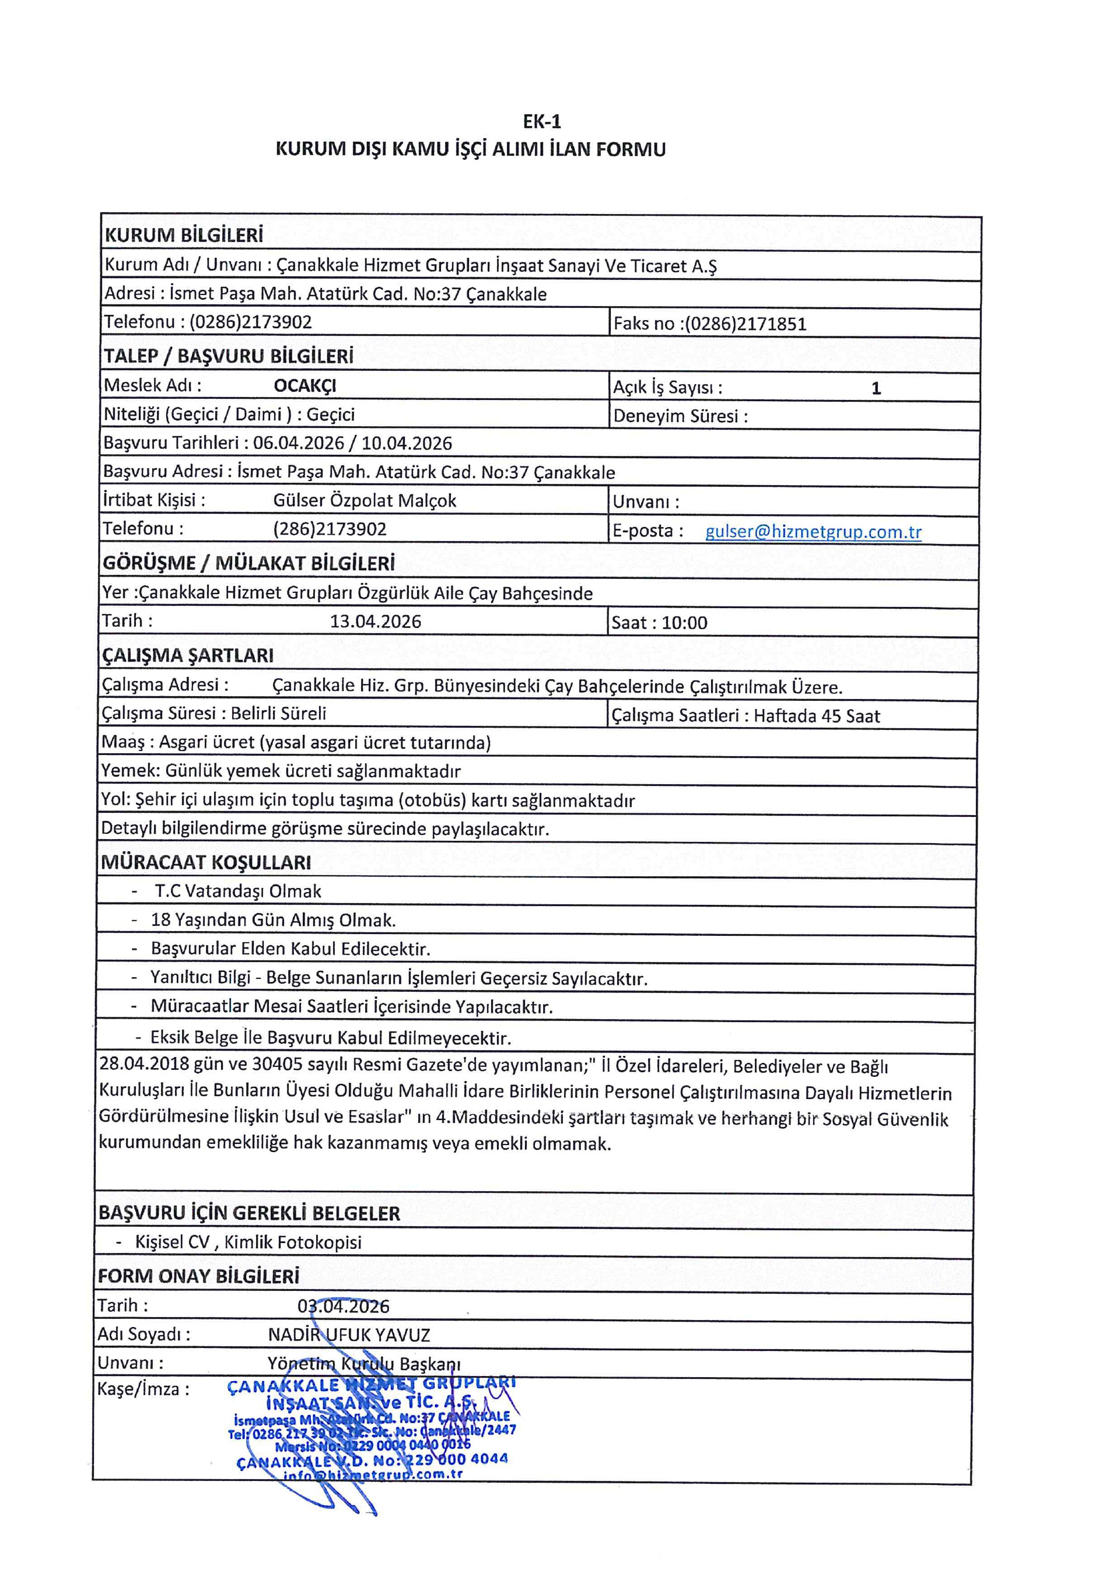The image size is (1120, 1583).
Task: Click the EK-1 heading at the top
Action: [x=542, y=122]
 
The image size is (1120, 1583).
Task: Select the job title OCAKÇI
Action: [x=305, y=385]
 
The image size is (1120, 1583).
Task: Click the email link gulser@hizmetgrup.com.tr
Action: [x=813, y=532]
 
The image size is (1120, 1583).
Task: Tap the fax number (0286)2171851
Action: [x=745, y=324]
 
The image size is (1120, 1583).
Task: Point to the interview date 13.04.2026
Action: [x=375, y=621]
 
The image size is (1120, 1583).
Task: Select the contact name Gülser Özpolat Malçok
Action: [x=364, y=500]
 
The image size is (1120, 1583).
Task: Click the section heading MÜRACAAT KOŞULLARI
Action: [x=205, y=862]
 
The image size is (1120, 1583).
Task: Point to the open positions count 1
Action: [x=876, y=388]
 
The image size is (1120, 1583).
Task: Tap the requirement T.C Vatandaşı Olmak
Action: [x=238, y=891]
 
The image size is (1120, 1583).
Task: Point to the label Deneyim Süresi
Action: [x=680, y=416]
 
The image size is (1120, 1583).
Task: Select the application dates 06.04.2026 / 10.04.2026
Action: [x=352, y=443]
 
